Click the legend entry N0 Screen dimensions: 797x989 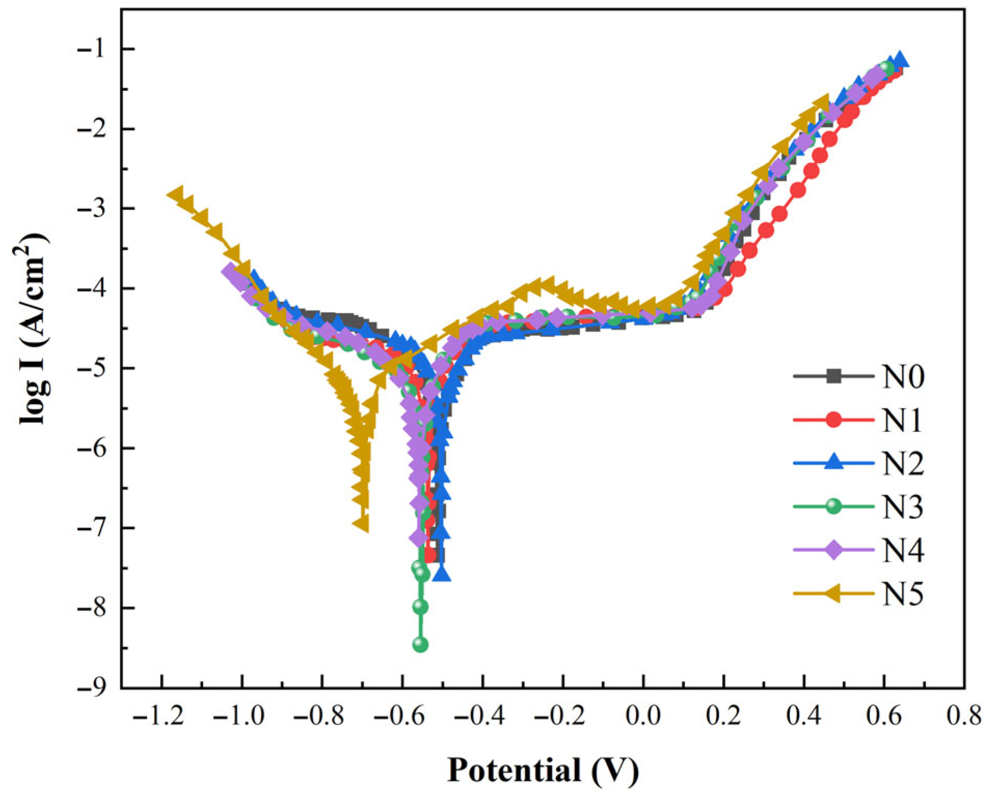tap(902, 376)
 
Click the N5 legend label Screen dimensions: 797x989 tap(902, 593)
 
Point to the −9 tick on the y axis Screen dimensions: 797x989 tap(94, 688)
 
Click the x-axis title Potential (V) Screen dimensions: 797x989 tap(543, 769)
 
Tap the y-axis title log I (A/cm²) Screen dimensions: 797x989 tap(34, 328)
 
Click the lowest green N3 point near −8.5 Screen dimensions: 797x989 tap(420, 645)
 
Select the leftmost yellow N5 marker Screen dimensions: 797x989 tap(176, 195)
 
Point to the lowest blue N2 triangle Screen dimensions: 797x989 tap(442, 574)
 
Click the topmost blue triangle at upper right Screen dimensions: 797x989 tap(900, 60)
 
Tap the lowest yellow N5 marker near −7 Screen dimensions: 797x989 tap(361, 523)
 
